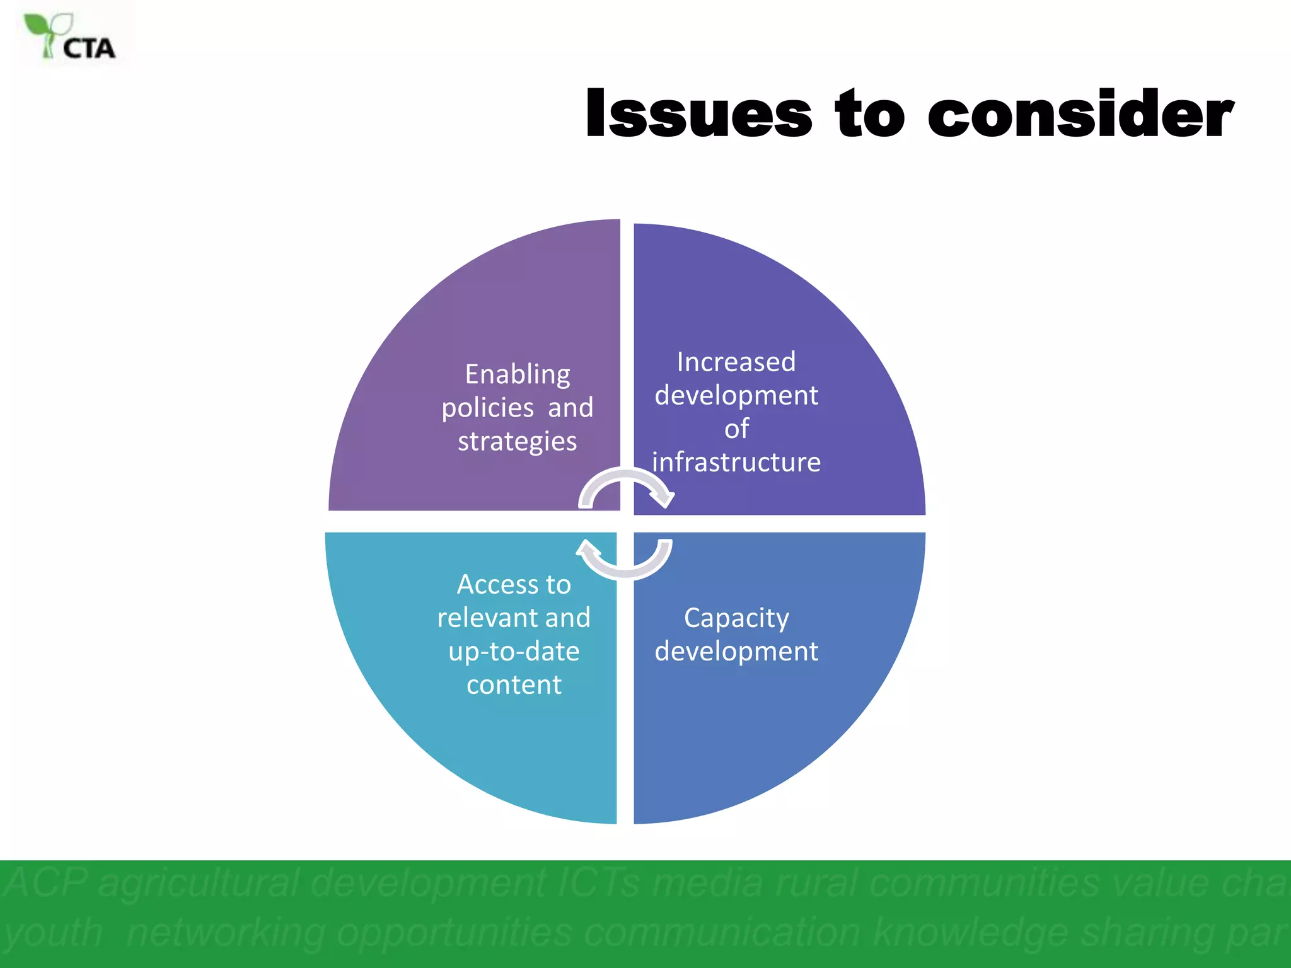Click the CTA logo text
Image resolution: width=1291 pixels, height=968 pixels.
point(89,49)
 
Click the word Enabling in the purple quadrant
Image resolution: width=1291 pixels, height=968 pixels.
point(518,374)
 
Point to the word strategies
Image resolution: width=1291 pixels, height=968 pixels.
point(518,441)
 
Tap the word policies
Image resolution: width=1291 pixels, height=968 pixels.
point(487,408)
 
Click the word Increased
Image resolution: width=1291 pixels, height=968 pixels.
point(736,362)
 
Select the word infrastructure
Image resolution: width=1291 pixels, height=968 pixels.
point(736,462)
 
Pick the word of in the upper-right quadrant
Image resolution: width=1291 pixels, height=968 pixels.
point(736,429)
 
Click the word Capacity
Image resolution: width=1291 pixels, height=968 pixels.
point(736,618)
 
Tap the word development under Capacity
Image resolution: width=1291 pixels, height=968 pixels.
point(736,651)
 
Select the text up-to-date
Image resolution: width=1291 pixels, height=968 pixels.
point(514,651)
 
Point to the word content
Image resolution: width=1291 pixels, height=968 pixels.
point(514,684)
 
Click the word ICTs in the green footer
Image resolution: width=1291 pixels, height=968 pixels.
point(599,882)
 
